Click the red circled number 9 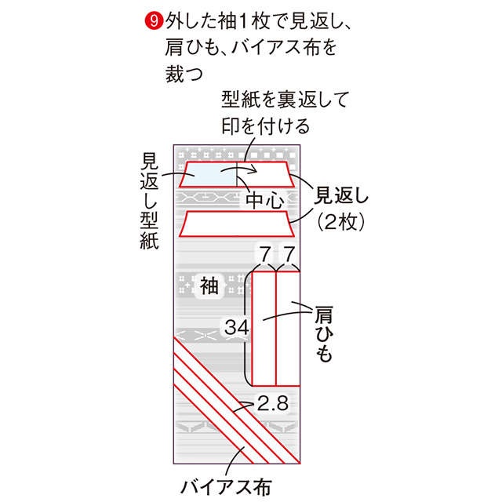[x=154, y=22]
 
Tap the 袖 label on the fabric [x=209, y=286]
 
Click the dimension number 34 [x=237, y=327]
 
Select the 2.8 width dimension [x=273, y=402]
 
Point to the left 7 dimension [x=265, y=254]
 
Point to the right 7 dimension [x=289, y=254]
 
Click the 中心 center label [x=265, y=201]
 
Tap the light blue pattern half [x=208, y=174]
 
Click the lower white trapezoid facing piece [x=237, y=224]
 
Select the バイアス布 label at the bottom [x=226, y=488]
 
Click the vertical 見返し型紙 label [x=149, y=201]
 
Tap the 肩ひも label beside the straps [x=324, y=334]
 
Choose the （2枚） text [x=340, y=221]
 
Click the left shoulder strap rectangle [x=264, y=329]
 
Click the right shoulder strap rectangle [x=288, y=329]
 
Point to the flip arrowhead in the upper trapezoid [x=254, y=169]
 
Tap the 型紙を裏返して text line [x=285, y=100]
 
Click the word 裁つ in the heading [x=184, y=74]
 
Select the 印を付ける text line [x=265, y=125]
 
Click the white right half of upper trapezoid [x=265, y=174]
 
